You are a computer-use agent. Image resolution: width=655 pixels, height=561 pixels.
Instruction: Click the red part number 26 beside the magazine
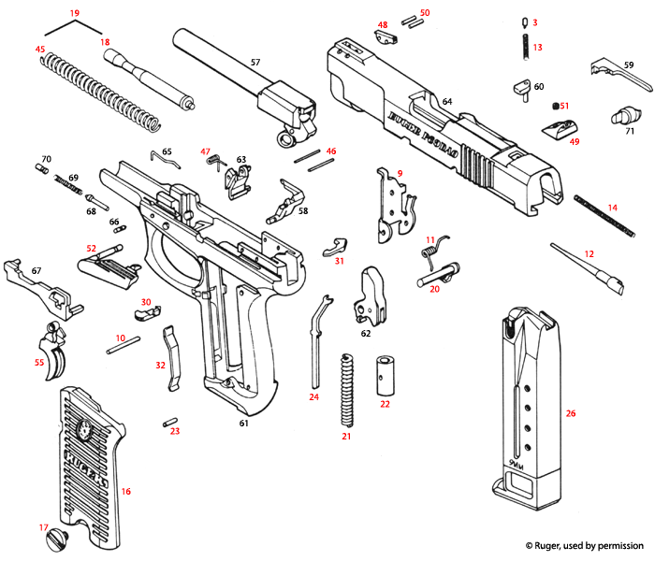(x=571, y=412)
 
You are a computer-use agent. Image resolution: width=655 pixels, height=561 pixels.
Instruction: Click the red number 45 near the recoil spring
(x=39, y=49)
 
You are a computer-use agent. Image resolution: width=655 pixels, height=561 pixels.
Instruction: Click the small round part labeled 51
(x=553, y=106)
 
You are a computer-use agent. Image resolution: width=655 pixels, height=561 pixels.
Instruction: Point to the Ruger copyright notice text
(x=584, y=545)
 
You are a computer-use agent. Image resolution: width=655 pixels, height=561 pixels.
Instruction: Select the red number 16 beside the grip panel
(x=126, y=491)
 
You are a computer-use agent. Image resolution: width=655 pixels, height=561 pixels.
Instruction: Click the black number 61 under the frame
(x=243, y=424)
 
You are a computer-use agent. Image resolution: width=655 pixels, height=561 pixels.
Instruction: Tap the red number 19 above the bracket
(x=74, y=14)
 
